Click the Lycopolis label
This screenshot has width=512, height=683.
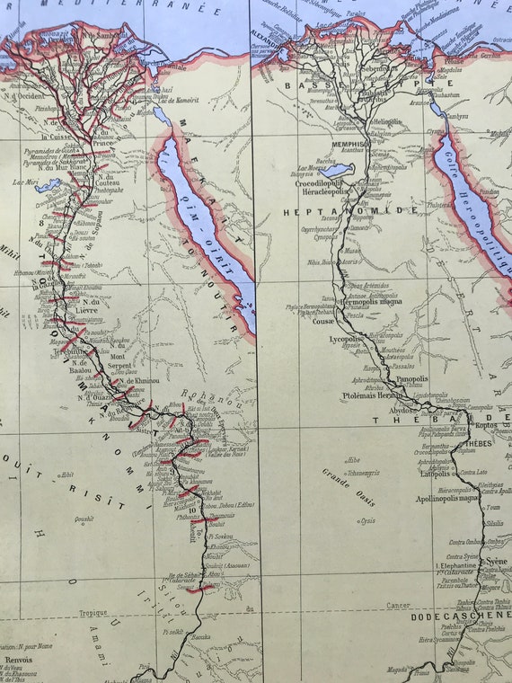(343, 341)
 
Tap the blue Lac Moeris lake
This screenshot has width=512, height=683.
(336, 170)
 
